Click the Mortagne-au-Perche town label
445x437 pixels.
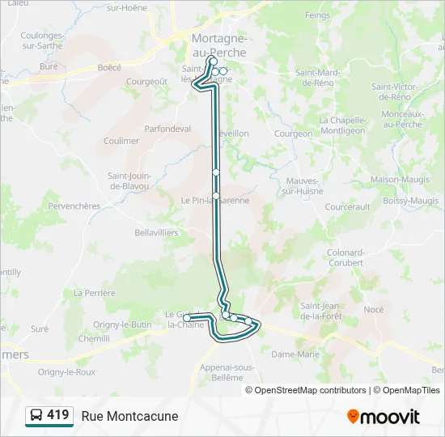[219, 45]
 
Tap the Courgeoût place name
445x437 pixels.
[146, 81]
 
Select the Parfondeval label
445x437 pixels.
[167, 129]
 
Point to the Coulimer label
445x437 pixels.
[121, 141]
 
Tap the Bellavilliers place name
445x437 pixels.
[157, 232]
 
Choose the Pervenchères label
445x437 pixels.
[74, 206]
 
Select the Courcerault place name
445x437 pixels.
[347, 207]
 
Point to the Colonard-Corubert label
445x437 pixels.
[346, 257]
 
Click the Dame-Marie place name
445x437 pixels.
[295, 354]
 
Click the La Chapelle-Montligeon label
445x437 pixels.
[342, 125]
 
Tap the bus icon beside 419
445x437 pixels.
[36, 416]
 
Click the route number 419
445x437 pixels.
[58, 415]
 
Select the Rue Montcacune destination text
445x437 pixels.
[129, 417]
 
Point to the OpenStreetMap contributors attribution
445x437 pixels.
[310, 390]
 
